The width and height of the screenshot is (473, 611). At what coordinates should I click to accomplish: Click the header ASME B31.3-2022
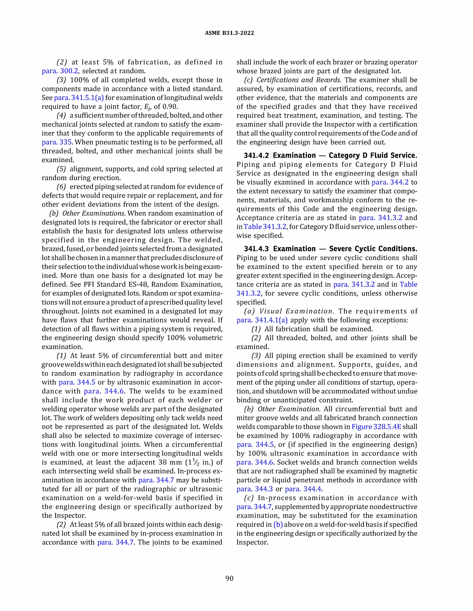(229, 33)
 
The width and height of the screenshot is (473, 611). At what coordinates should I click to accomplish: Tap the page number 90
(229, 578)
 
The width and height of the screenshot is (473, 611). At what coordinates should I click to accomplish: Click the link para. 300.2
(60, 71)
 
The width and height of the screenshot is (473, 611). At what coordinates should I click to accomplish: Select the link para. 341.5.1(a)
(79, 98)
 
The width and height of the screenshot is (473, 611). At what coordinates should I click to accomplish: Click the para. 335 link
(57, 142)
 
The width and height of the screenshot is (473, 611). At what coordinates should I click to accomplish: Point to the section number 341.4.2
(256, 156)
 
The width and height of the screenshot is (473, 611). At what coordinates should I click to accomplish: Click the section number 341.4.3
(256, 249)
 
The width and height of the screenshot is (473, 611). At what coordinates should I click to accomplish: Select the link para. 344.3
(255, 489)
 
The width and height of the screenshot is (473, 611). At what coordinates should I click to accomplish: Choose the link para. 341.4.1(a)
(262, 320)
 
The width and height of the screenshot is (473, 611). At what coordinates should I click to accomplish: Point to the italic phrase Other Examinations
(93, 214)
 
